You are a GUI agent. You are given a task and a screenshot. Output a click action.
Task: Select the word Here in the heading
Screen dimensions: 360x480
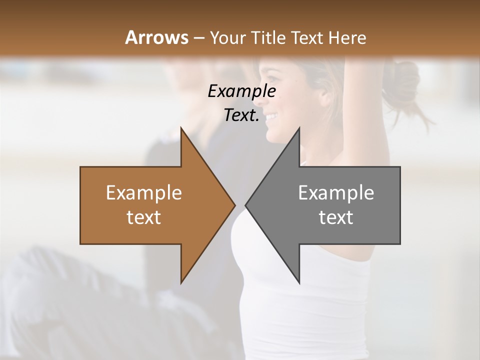pyautogui.click(x=348, y=37)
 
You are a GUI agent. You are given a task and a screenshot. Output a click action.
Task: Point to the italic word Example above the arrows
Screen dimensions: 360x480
pyautogui.click(x=242, y=91)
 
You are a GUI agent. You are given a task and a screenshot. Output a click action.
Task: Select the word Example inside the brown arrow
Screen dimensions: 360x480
pyautogui.click(x=144, y=193)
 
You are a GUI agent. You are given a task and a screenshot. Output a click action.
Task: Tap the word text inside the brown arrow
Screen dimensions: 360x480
pyautogui.click(x=144, y=217)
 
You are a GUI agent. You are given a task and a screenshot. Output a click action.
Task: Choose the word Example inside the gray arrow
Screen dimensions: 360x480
pyautogui.click(x=336, y=193)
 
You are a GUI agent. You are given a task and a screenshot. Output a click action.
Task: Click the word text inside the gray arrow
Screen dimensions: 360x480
pyautogui.click(x=336, y=217)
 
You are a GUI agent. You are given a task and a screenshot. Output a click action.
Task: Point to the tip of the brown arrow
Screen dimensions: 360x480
pyautogui.click(x=234, y=205)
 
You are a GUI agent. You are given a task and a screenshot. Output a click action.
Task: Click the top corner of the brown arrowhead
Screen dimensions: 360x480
pyautogui.click(x=181, y=128)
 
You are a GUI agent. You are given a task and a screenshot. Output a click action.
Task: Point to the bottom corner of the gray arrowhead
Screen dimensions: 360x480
pyautogui.click(x=299, y=283)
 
